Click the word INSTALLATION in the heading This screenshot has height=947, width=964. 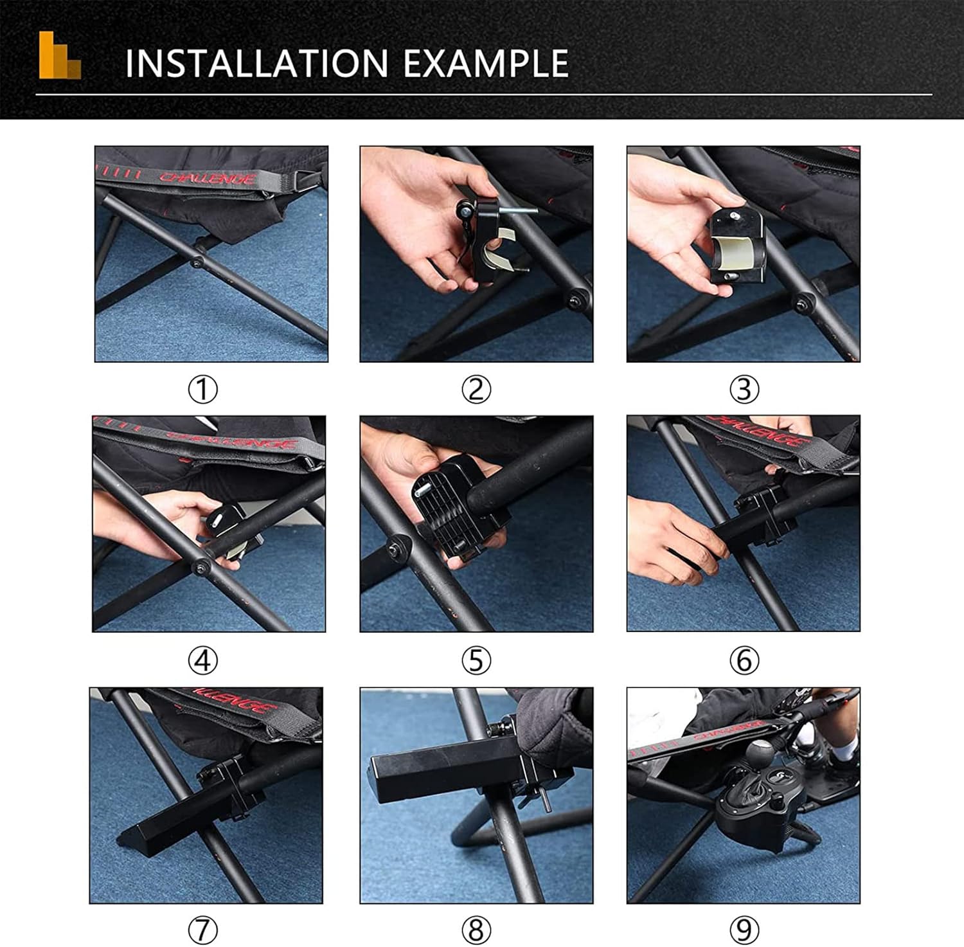pyautogui.click(x=256, y=63)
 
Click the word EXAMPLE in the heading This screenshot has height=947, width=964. pyautogui.click(x=486, y=63)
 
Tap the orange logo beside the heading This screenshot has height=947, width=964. pyautogui.click(x=59, y=55)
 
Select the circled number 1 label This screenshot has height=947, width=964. pyautogui.click(x=202, y=389)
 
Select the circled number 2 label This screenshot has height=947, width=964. pyautogui.click(x=476, y=389)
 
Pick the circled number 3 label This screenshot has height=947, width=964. pyautogui.click(x=744, y=389)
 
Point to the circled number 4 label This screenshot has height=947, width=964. pyautogui.click(x=202, y=660)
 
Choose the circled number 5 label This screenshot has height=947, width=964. pyautogui.click(x=476, y=660)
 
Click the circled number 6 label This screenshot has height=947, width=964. pyautogui.click(x=744, y=660)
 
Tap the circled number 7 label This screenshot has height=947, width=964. pyautogui.click(x=202, y=930)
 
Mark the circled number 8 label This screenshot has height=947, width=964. pyautogui.click(x=476, y=930)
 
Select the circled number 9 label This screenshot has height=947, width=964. pyautogui.click(x=744, y=930)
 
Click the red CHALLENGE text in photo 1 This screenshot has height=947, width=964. pyautogui.click(x=207, y=177)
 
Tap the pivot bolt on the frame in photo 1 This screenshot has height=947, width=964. pyautogui.click(x=197, y=262)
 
